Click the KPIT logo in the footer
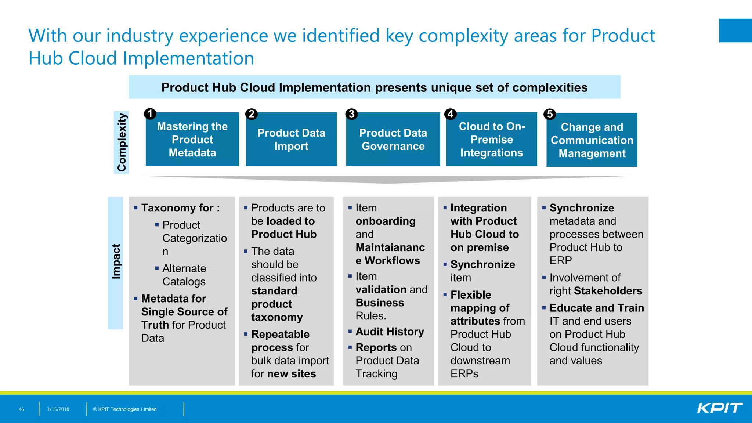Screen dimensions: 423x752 click(x=719, y=408)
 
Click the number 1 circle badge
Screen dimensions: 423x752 click(x=150, y=114)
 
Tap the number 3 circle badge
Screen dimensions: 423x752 click(x=351, y=114)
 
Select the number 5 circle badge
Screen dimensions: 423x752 click(x=550, y=114)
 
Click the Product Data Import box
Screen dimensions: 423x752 click(x=291, y=139)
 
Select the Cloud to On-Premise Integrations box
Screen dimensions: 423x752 click(x=492, y=139)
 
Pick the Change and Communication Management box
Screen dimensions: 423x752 click(x=592, y=140)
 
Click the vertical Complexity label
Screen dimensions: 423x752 click(x=122, y=142)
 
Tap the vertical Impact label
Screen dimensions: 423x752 click(x=116, y=261)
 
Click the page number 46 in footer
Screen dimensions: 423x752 click(x=21, y=409)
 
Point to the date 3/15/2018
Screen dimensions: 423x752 click(x=58, y=409)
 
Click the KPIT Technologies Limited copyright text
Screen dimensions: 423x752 click(x=125, y=409)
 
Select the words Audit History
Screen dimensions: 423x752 click(x=390, y=332)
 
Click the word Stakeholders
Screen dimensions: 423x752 click(x=608, y=291)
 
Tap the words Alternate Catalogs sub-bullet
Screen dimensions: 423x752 click(x=184, y=275)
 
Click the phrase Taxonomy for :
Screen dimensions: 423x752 click(x=181, y=208)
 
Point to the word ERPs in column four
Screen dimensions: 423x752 click(x=464, y=373)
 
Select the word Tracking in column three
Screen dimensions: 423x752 click(x=376, y=373)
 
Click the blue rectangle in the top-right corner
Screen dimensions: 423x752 click(x=735, y=30)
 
